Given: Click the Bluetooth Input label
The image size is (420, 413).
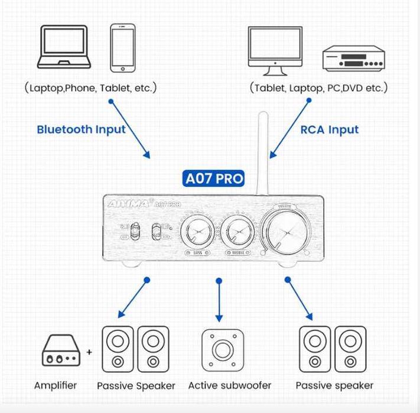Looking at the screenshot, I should click(x=81, y=129).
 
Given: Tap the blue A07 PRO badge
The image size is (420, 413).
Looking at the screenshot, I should click(x=213, y=178).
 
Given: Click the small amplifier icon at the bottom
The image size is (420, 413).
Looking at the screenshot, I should click(x=61, y=352).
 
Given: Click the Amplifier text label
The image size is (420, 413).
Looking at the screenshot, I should click(x=56, y=386).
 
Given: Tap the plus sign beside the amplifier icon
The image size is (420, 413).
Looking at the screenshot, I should click(x=89, y=352).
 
